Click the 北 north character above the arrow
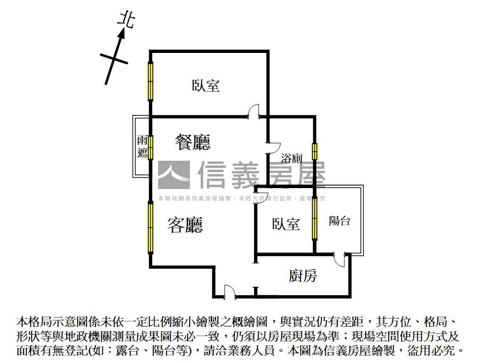coord(126,20)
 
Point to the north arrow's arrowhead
coord(122,34)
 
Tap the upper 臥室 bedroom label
coord(206,86)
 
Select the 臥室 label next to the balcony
coord(286,224)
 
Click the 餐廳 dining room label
coord(193,142)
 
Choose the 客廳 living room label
coord(185,225)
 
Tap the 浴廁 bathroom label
coord(291,158)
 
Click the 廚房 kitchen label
coord(303,276)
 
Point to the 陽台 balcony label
coord(340,221)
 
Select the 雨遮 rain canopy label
coord(142,147)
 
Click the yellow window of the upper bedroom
coord(150,81)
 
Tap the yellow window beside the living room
coord(150,227)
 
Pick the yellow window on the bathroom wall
coord(315,151)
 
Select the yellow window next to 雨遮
coord(150,147)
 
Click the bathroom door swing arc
coord(274,148)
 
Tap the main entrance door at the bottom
coord(229,291)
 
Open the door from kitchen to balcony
coord(340,260)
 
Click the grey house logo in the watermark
coord(174,175)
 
